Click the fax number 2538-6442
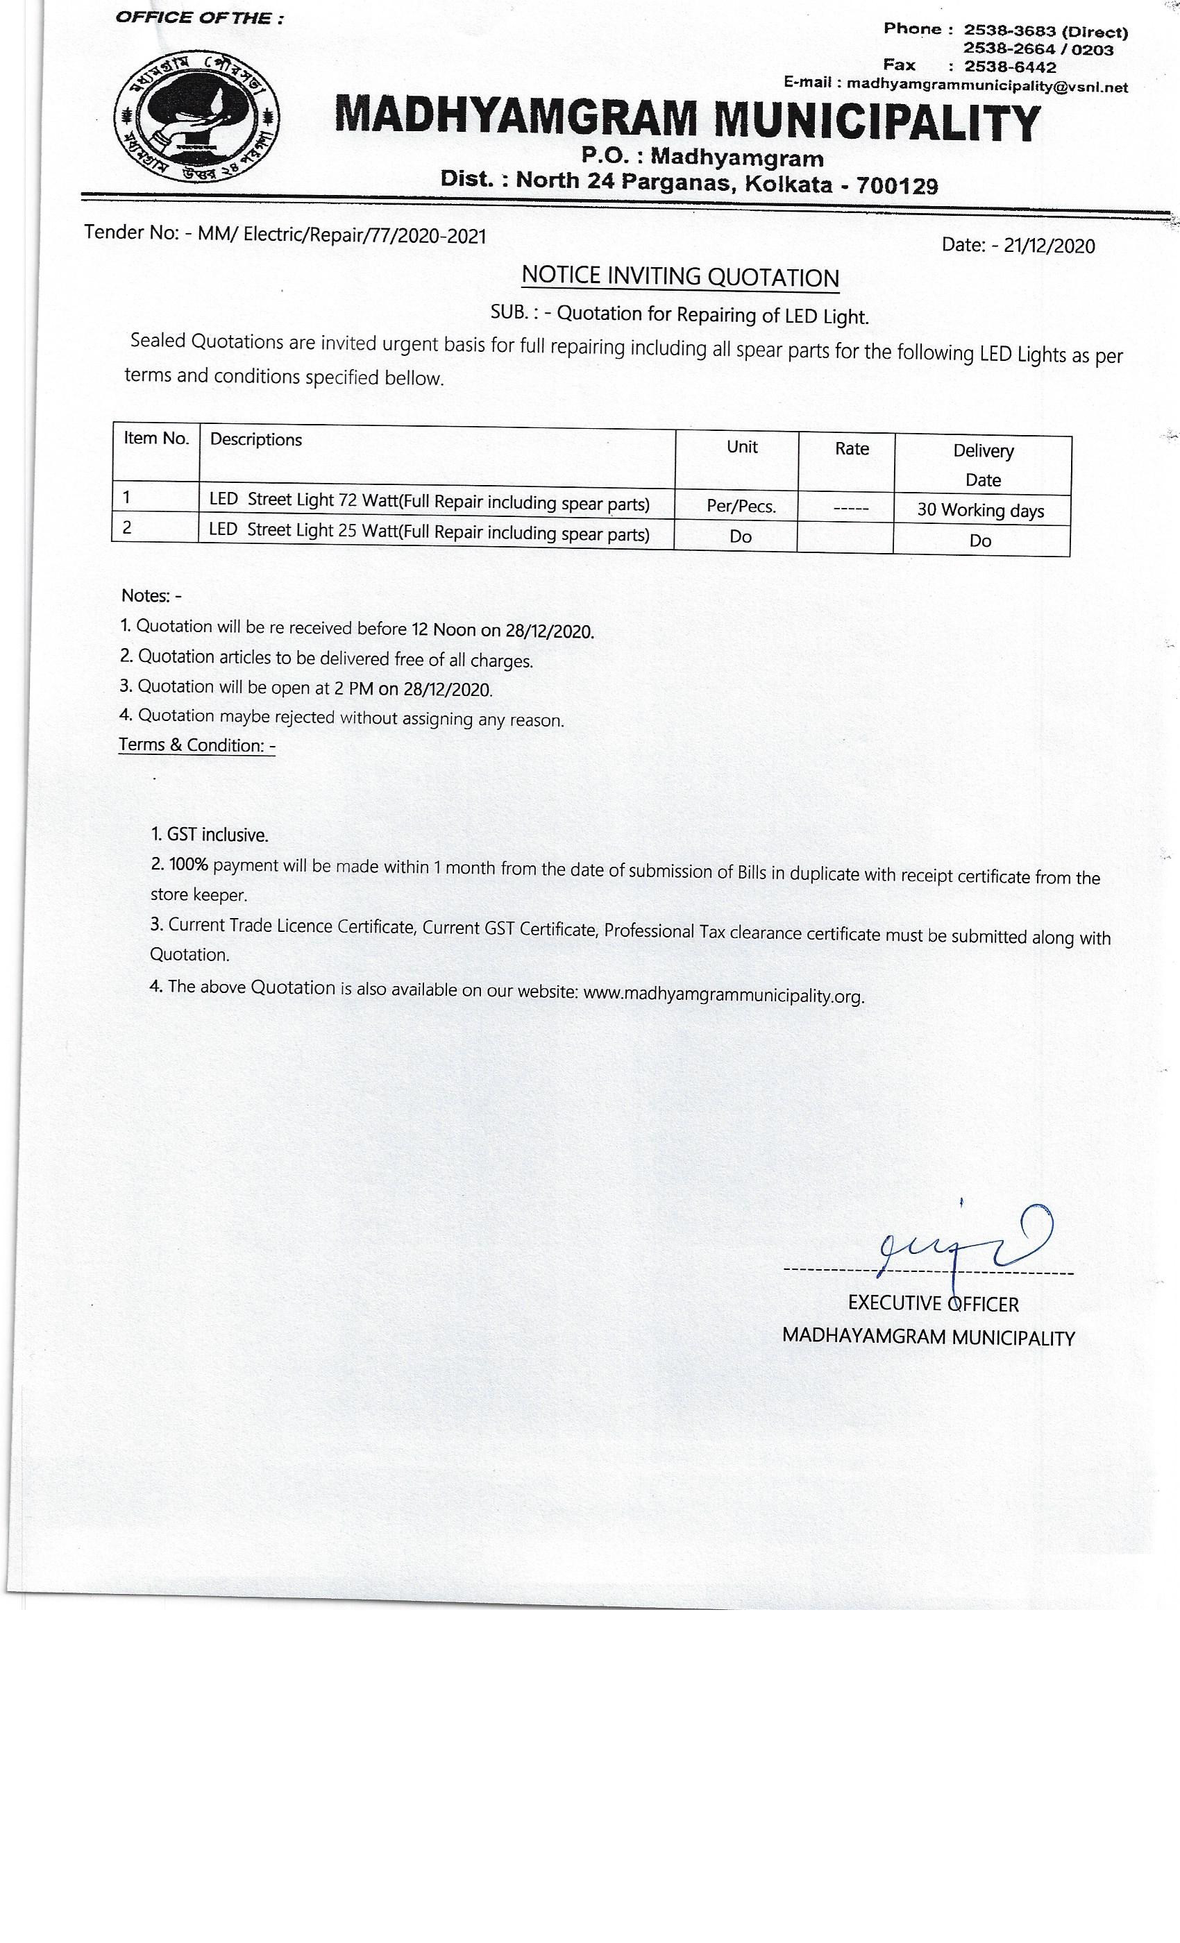(1010, 67)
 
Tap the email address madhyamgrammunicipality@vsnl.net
(987, 86)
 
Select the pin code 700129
(897, 186)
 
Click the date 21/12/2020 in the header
(1049, 246)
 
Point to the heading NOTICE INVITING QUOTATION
(680, 277)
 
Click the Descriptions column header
(255, 439)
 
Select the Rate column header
(852, 449)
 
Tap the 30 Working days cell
(980, 510)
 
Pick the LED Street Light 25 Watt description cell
(429, 532)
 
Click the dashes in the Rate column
(852, 509)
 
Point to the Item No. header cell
(156, 439)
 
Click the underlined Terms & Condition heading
(197, 745)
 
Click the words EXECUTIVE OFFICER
(933, 1303)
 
